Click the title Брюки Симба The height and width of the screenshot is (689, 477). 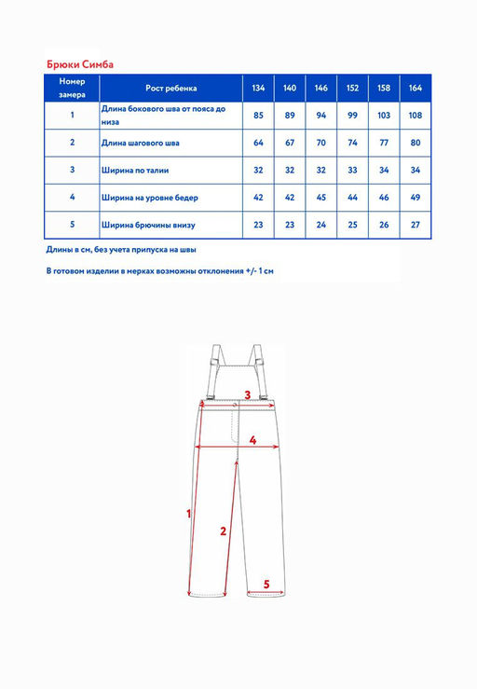click(80, 64)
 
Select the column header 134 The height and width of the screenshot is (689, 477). click(258, 88)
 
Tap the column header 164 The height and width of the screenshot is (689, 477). click(416, 88)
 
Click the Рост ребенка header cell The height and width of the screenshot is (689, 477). click(170, 88)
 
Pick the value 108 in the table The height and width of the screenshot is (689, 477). click(416, 115)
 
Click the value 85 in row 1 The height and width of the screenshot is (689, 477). click(258, 115)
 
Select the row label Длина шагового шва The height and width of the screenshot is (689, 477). click(140, 143)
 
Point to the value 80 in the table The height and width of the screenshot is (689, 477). click(416, 143)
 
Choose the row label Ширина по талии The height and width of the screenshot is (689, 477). click(135, 170)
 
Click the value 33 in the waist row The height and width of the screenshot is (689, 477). click(352, 170)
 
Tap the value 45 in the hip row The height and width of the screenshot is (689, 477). click(321, 198)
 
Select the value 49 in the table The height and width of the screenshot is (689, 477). click(416, 198)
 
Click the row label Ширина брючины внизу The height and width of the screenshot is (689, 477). click(148, 225)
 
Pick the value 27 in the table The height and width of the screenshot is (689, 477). click(416, 225)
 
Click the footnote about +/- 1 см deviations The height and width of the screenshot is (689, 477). click(160, 270)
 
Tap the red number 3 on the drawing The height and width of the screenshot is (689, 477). click(247, 394)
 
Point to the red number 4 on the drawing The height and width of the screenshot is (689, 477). click(252, 440)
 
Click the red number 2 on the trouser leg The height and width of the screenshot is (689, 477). click(223, 531)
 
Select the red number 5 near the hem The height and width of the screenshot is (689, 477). click(266, 584)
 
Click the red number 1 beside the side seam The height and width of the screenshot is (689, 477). click(189, 513)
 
